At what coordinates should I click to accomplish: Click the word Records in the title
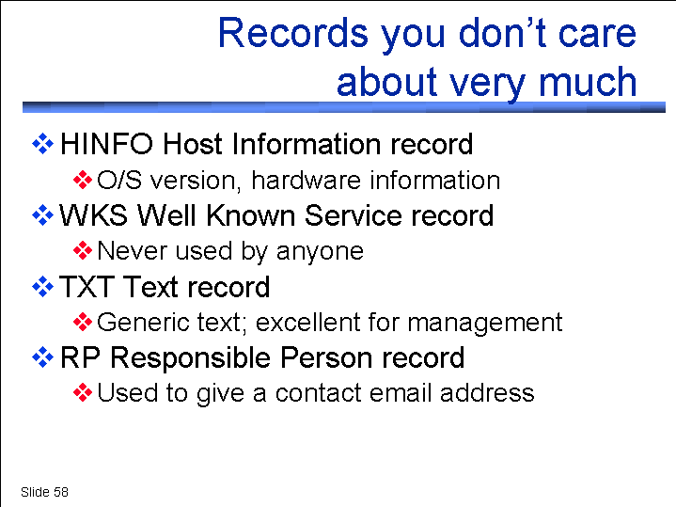(x=293, y=33)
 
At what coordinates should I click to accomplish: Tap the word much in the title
(x=588, y=81)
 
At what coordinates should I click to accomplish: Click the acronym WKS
(x=93, y=214)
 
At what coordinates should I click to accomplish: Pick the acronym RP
(x=81, y=357)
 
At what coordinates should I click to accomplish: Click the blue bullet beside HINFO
(x=43, y=144)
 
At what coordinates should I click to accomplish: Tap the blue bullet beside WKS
(x=43, y=214)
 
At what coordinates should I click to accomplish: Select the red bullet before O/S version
(x=83, y=180)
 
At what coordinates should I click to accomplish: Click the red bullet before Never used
(x=83, y=251)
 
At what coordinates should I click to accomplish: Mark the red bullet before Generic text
(x=83, y=322)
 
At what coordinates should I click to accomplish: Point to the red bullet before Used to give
(x=83, y=392)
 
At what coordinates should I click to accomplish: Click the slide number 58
(x=61, y=492)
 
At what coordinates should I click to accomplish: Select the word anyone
(x=320, y=252)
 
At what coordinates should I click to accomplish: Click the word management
(x=484, y=323)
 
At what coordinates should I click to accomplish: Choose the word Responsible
(x=192, y=357)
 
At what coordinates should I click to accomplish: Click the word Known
(x=252, y=214)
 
